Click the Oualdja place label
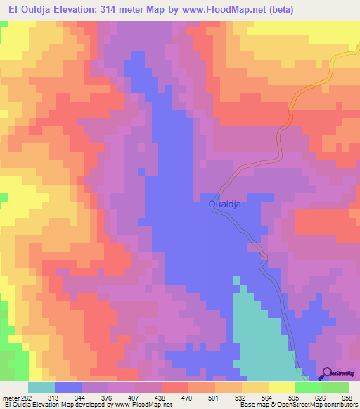pos(226,204)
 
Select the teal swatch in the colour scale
pos(41,387)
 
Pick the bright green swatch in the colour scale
pos(309,387)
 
